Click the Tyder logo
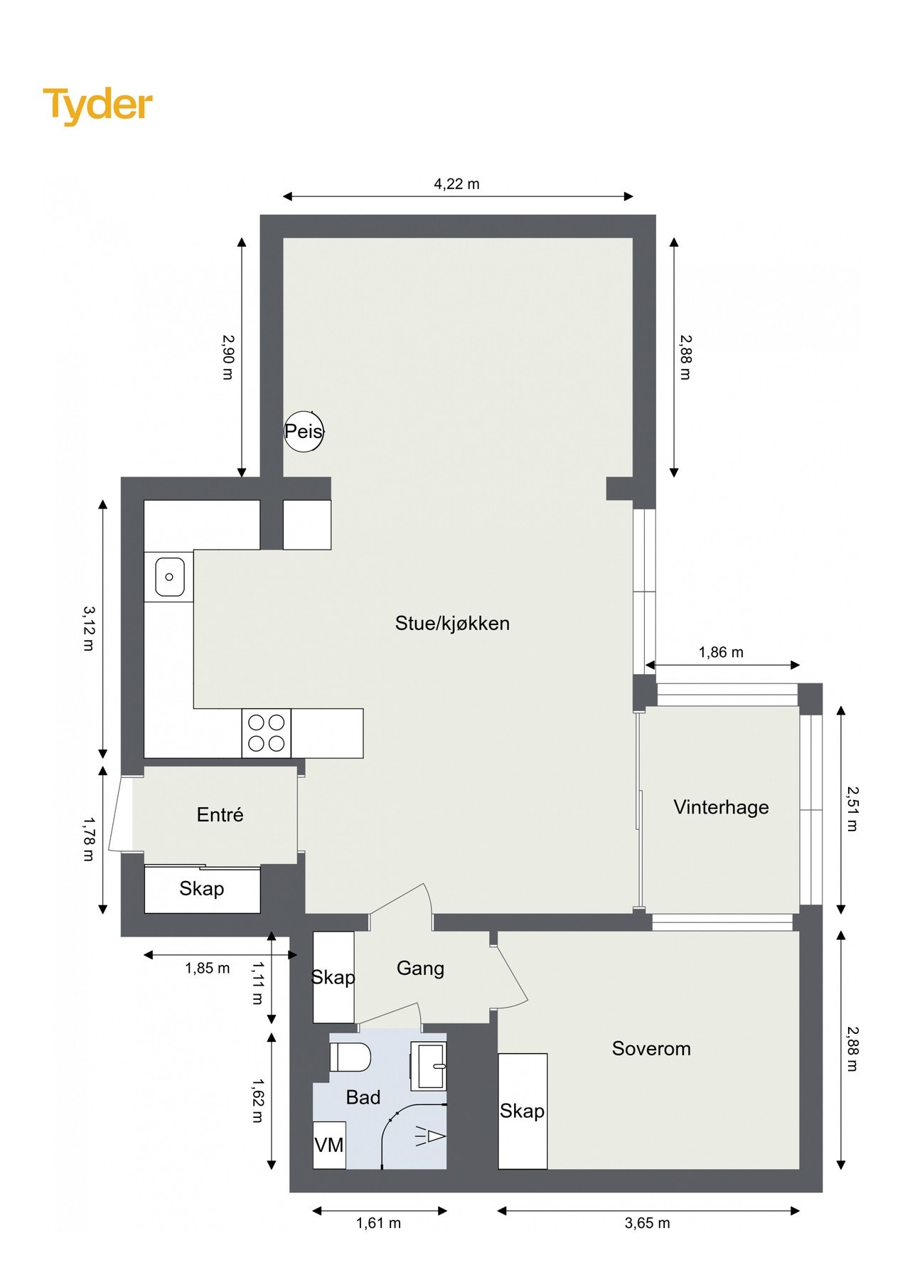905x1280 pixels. [x=97, y=105]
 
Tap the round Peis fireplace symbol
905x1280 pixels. [x=304, y=431]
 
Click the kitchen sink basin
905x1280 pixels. [x=169, y=577]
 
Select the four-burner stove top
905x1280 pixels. [x=266, y=733]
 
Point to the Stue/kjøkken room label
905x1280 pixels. [x=452, y=624]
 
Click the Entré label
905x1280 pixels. [x=220, y=815]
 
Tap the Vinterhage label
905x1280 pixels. [x=721, y=807]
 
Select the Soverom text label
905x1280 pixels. [x=651, y=1049]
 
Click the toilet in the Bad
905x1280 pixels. [x=351, y=1057]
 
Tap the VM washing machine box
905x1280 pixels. [x=329, y=1145]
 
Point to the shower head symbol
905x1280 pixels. [x=431, y=1136]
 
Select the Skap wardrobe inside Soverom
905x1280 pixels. [x=523, y=1111]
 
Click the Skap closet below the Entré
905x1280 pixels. [x=202, y=889]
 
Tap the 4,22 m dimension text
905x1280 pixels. [x=456, y=184]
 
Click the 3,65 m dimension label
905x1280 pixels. [x=647, y=1223]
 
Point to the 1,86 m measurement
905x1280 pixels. [x=721, y=652]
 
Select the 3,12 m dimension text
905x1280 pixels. [x=88, y=629]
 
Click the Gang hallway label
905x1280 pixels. [x=420, y=969]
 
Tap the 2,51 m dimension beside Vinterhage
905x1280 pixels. [x=852, y=809]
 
